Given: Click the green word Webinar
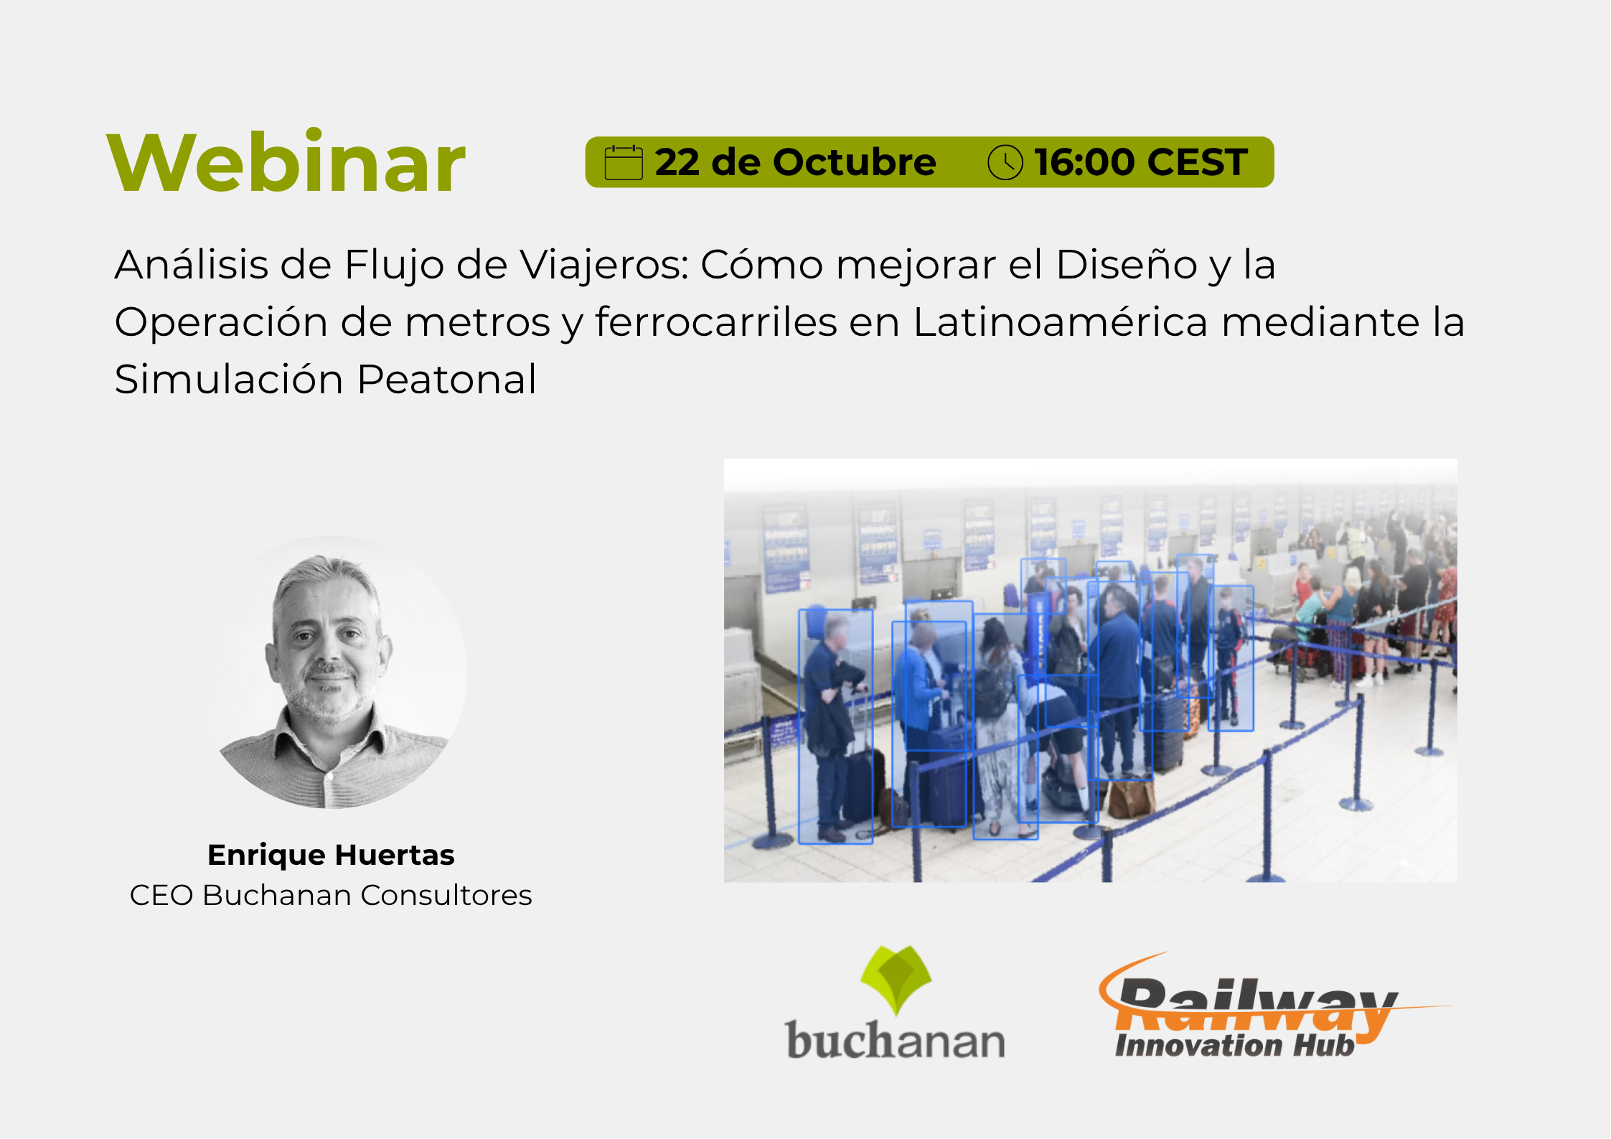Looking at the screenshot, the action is (286, 162).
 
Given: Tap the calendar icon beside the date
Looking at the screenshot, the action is (623, 162).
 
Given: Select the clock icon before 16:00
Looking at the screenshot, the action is (1005, 162).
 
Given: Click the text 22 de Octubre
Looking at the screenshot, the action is (795, 162).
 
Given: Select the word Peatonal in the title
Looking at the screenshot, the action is (446, 379).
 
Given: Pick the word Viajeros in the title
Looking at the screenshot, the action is (604, 266).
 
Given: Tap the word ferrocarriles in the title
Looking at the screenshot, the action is (715, 322).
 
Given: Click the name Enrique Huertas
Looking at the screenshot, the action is (331, 855).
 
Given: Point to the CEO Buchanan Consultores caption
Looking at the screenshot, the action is (331, 895).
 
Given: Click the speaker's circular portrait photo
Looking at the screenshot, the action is (331, 672).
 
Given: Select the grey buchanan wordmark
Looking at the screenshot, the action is (895, 1040).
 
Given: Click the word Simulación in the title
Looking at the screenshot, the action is (229, 379).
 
